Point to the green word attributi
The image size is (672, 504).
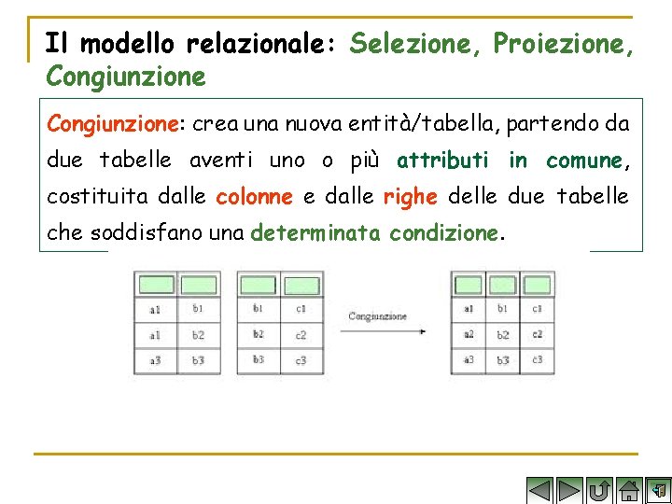click(x=442, y=160)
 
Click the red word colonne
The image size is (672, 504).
click(x=255, y=196)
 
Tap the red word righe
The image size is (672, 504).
click(x=411, y=196)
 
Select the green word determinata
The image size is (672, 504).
click(x=315, y=232)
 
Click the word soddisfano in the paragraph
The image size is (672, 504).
click(x=147, y=232)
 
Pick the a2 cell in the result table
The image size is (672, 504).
click(x=469, y=334)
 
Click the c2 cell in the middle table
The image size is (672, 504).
click(x=301, y=334)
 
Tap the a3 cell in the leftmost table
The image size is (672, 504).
click(x=155, y=359)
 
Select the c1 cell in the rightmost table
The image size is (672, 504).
click(x=537, y=308)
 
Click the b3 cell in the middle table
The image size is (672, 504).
click(x=259, y=359)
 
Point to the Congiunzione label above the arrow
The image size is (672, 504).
click(x=377, y=316)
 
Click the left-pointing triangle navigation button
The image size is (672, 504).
click(x=539, y=490)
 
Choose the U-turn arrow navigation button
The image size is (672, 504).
click(x=600, y=490)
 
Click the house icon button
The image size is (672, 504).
click(x=630, y=490)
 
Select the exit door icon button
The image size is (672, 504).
click(x=659, y=490)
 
